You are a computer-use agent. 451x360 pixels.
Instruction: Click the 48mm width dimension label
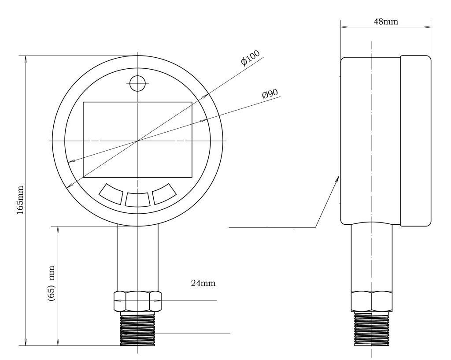click(x=386, y=22)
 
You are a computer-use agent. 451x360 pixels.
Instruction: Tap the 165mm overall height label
click(x=20, y=200)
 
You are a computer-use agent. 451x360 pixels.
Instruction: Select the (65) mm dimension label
click(x=51, y=283)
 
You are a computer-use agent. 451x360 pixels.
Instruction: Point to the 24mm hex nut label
click(x=203, y=283)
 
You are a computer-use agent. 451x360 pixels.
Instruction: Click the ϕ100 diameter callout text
click(x=250, y=58)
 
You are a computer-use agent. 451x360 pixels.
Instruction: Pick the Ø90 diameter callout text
click(x=270, y=94)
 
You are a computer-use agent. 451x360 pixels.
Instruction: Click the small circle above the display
click(x=137, y=83)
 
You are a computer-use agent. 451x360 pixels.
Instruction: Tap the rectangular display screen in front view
click(x=137, y=140)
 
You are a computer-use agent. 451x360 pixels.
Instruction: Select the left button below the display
click(x=111, y=194)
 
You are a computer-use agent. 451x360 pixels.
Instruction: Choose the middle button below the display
click(x=137, y=200)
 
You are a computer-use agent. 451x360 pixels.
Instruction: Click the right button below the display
click(x=164, y=194)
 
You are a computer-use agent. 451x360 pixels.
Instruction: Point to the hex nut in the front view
click(x=137, y=301)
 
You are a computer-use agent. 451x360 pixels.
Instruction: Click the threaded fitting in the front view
click(x=137, y=329)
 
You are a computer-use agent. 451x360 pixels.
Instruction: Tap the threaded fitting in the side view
click(x=372, y=329)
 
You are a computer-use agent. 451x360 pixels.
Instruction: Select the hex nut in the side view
click(x=372, y=301)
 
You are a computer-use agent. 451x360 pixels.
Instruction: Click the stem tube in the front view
click(x=137, y=258)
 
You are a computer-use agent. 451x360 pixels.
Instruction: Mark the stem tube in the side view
click(x=372, y=258)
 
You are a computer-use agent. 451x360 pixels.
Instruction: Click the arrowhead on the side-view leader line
click(x=336, y=180)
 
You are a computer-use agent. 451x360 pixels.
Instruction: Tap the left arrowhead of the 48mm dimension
click(x=344, y=27)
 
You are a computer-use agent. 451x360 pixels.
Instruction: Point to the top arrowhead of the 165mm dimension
click(x=26, y=59)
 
